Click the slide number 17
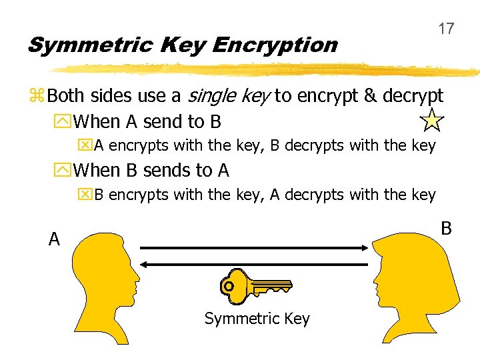tap(446, 29)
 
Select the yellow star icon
tap(432, 120)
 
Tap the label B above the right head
tap(447, 228)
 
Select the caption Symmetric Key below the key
tap(257, 319)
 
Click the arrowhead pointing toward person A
tap(145, 265)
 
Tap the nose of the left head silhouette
tap(137, 274)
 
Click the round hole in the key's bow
tap(229, 286)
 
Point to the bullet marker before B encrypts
tap(86, 195)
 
